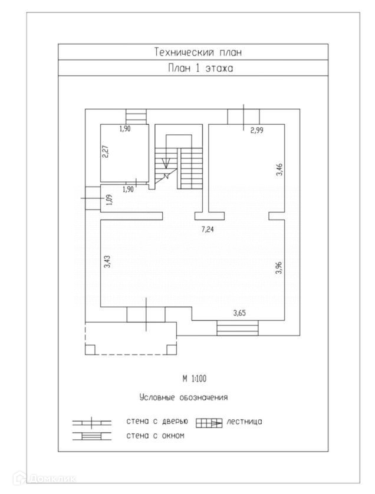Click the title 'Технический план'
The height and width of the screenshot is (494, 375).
point(198,52)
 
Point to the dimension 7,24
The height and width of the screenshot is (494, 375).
point(208,230)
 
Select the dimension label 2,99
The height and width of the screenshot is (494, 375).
point(256,131)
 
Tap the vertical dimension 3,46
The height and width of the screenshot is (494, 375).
point(280,170)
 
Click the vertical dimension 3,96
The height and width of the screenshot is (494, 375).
point(279,267)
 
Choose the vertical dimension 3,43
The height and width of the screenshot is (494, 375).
point(107,262)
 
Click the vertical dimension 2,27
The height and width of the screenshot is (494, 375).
point(105,152)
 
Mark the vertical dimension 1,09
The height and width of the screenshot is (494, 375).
point(107,200)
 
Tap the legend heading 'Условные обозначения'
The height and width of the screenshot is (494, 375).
point(183,397)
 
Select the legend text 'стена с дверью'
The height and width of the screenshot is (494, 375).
point(157,422)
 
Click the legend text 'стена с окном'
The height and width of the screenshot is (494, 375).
point(156,436)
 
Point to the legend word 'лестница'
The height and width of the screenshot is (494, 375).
point(244,422)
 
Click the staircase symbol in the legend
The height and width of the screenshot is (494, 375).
point(209,422)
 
